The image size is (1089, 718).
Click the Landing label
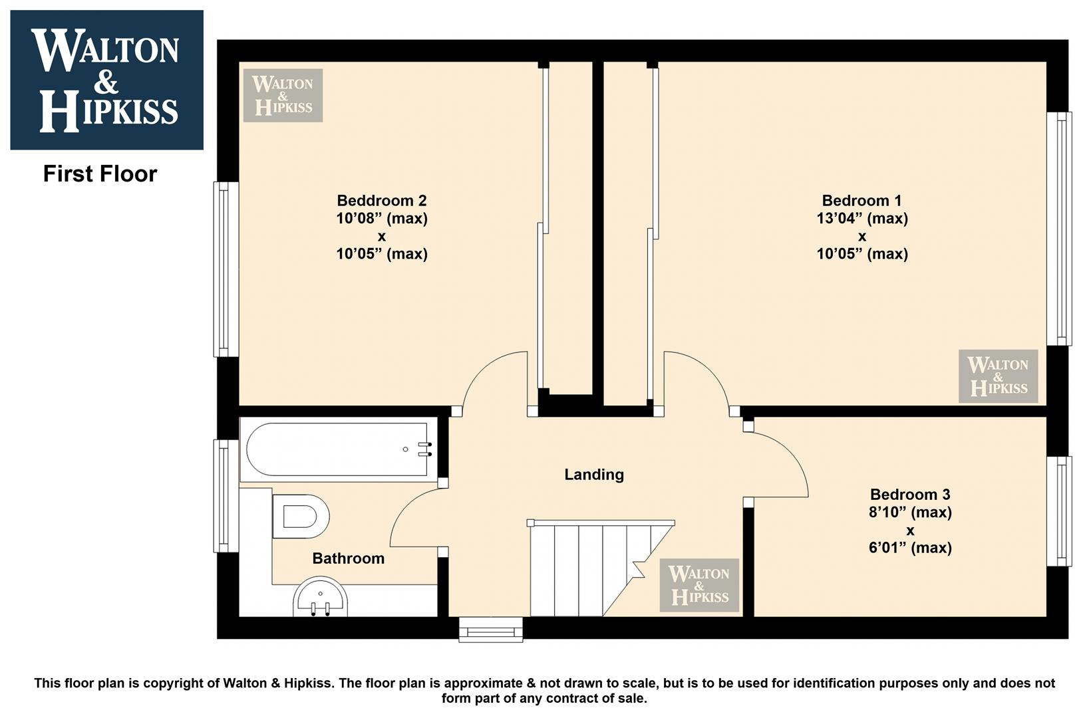pyautogui.click(x=593, y=475)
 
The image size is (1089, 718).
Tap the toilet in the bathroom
pyautogui.click(x=301, y=517)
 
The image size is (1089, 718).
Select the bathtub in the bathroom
pyautogui.click(x=339, y=449)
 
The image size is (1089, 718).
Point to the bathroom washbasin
pyautogui.click(x=321, y=597)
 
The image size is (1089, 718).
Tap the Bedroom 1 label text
pyautogui.click(x=861, y=201)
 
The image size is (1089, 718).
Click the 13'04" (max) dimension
pyautogui.click(x=862, y=219)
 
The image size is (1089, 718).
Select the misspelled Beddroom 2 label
pyautogui.click(x=382, y=201)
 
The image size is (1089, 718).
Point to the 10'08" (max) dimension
pyautogui.click(x=382, y=219)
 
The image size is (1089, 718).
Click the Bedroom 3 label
pyautogui.click(x=910, y=495)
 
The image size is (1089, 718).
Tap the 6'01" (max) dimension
pyautogui.click(x=910, y=548)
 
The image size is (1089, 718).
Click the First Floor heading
pyautogui.click(x=100, y=174)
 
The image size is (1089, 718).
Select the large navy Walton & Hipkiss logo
pyautogui.click(x=107, y=80)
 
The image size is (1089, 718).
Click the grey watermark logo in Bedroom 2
pyautogui.click(x=283, y=95)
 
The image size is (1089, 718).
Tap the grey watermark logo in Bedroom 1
pyautogui.click(x=998, y=376)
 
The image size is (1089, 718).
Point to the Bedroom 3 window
pyautogui.click(x=1059, y=511)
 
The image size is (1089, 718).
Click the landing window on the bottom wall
pyautogui.click(x=491, y=630)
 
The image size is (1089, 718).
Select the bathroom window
pyautogui.click(x=226, y=496)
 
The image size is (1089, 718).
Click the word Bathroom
pyautogui.click(x=348, y=558)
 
